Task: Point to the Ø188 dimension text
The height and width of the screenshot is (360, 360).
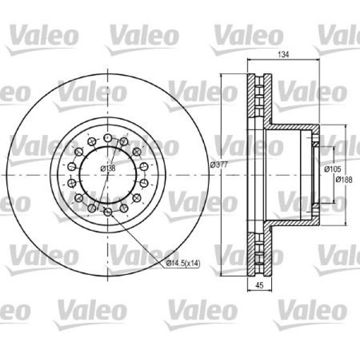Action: coord(343,179)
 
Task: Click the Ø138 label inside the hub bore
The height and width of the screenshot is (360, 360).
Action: coord(107,169)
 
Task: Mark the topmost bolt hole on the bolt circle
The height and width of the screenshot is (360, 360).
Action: coord(107,139)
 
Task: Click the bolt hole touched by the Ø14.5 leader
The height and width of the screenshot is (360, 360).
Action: coord(107,212)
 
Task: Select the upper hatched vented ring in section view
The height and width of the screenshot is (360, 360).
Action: coord(256,100)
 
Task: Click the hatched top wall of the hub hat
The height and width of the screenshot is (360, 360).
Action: coord(294,129)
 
